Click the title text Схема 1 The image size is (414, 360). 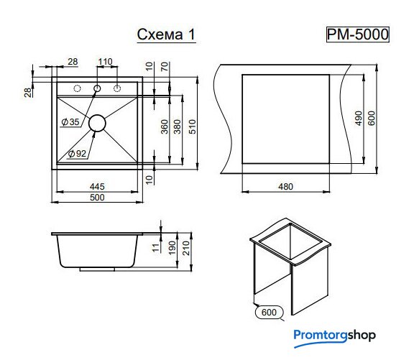pos(166,34)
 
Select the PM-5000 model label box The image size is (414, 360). pos(358,34)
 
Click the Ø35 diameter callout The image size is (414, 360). pos(70,122)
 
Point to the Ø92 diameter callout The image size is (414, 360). pos(77,153)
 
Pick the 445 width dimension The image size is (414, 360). pos(97,187)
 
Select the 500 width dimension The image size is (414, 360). pos(97,198)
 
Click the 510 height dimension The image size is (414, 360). pos(193,126)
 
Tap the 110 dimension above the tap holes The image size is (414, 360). pos(106,62)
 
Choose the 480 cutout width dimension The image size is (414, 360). pos(285,187)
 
